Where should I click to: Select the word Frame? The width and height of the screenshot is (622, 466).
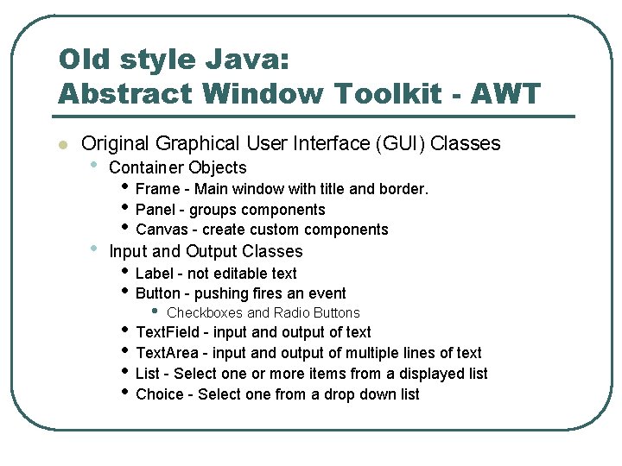158,189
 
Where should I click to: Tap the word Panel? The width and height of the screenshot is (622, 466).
156,210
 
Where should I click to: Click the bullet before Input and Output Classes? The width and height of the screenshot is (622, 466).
94,249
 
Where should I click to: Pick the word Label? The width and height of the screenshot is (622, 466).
155,274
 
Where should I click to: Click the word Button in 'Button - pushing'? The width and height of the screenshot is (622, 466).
158,293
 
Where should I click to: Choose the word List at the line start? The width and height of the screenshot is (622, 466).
148,374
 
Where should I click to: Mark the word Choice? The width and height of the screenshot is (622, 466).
160,394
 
